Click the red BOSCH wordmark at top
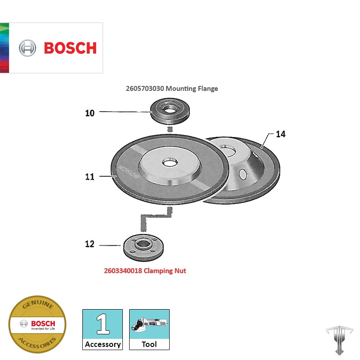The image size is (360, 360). (x=70, y=48)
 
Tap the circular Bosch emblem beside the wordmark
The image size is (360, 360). (x=27, y=48)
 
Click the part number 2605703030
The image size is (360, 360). (x=145, y=89)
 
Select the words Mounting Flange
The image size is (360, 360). (x=192, y=89)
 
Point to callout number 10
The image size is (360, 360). (x=90, y=113)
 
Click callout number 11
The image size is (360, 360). (x=90, y=177)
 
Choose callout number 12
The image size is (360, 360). (x=90, y=244)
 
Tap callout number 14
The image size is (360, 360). (x=280, y=134)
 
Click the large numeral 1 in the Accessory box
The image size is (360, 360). (x=103, y=324)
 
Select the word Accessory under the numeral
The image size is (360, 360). (x=103, y=344)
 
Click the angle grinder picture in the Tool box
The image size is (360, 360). (x=149, y=324)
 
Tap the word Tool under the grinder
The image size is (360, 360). (x=149, y=344)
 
